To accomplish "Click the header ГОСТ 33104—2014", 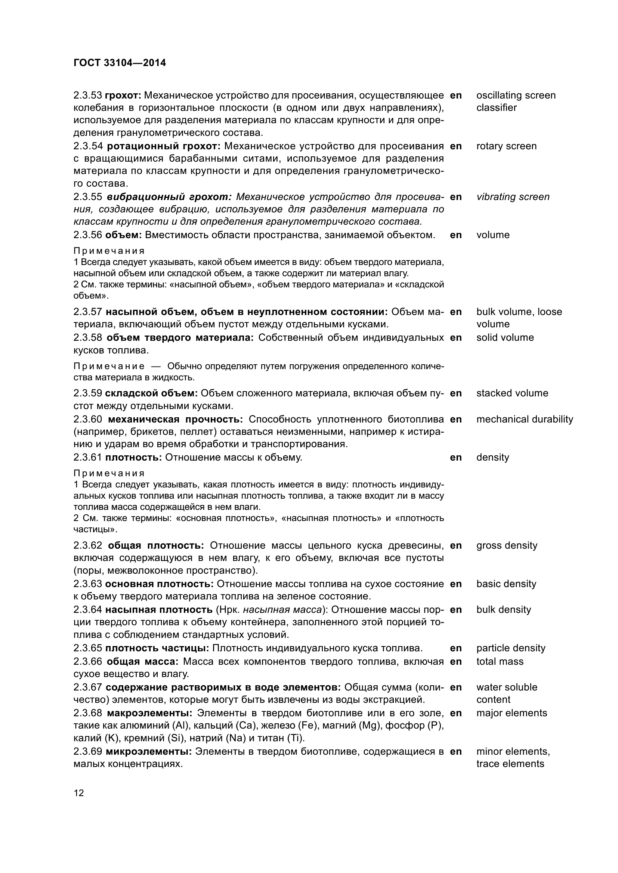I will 120,63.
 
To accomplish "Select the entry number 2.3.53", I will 87,95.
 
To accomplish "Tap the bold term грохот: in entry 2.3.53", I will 123,95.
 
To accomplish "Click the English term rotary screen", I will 506,146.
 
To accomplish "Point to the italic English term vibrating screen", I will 513,197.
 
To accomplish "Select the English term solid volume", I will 505,338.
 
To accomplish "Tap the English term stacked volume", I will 512,393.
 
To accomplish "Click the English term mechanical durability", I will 524,420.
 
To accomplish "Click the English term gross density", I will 507,546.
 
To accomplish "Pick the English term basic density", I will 506,584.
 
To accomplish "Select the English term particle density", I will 511,648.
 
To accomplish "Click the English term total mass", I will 500,662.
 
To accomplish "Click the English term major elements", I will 512,713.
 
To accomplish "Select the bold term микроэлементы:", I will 148,752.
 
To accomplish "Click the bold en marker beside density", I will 455,458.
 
